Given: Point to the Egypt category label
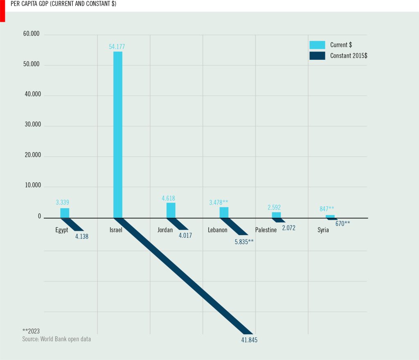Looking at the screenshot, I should pos(62,230).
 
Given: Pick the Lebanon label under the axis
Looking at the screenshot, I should pos(218,230).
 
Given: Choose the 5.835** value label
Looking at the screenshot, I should pos(244,242).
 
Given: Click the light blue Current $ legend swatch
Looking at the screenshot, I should pos(317,45).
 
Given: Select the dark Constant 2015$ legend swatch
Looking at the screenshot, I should pos(317,56).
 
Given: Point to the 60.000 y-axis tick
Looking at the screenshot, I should pos(32,34).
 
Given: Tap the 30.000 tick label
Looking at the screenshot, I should pos(32,125).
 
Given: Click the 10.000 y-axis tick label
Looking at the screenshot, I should pos(32,186).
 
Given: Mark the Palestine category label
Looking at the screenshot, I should pos(266,230).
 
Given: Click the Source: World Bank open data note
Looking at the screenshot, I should pos(56,339).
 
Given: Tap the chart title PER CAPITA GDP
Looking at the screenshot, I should pos(61,4).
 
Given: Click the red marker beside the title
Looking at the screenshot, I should pos(2,11).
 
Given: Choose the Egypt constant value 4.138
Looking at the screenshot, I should pos(82,236).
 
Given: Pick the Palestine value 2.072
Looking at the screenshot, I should pos(288,228).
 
